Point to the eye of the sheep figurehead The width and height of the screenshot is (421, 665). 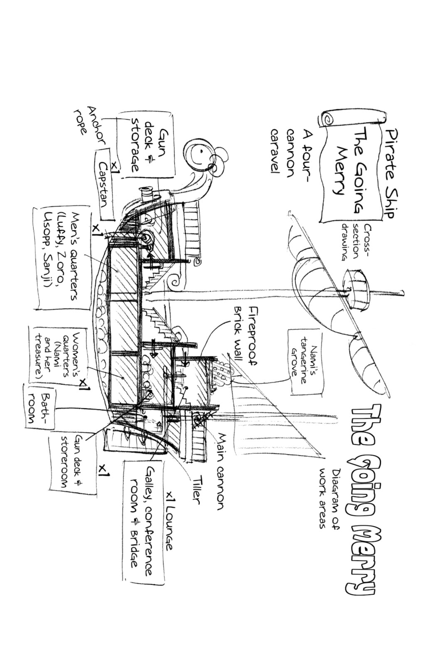tap(201, 151)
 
